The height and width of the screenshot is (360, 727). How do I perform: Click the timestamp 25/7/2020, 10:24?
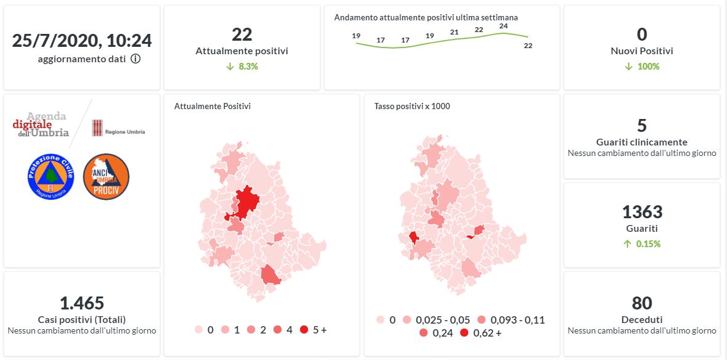pos(82,41)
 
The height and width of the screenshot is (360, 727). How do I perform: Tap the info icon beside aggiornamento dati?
pos(136,59)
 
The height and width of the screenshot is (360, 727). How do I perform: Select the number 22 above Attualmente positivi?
pos(242,35)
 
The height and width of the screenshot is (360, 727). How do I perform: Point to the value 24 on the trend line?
pos(503,26)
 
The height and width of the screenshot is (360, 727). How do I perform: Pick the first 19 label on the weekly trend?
pos(356,36)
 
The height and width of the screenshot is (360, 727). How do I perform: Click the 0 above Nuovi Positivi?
pos(642,35)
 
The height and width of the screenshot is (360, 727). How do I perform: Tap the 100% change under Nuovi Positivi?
pos(642,67)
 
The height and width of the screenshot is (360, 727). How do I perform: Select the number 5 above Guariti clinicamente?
pos(642,126)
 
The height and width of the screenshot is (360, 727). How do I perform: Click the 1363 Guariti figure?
pos(642,213)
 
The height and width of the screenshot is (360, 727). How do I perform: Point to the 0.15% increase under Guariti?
pos(642,243)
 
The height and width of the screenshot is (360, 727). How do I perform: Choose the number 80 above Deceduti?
pos(642,303)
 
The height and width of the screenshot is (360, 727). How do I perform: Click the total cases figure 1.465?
pos(82,303)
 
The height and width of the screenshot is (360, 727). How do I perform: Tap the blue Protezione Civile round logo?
pos(51,176)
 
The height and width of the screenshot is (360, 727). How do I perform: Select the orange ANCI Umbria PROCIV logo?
pos(106,176)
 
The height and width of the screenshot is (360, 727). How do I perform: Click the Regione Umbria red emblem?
pos(97,128)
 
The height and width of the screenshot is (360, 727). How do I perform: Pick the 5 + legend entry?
pos(314,330)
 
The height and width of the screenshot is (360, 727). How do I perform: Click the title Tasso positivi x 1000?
pos(412,106)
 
